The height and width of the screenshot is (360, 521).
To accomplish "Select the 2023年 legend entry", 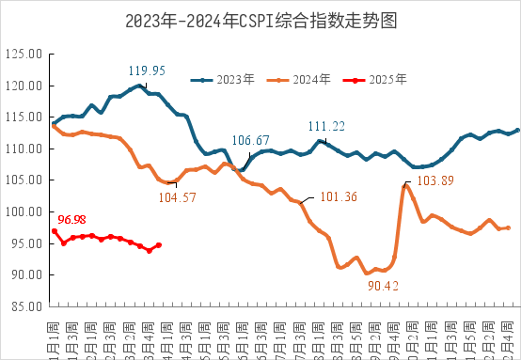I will [224, 81].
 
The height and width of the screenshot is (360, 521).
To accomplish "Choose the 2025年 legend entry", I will [374, 81].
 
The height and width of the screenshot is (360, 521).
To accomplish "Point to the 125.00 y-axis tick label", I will [24, 55].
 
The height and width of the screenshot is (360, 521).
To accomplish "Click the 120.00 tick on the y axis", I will [24, 86].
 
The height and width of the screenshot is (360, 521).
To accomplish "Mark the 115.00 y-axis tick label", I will [24, 117].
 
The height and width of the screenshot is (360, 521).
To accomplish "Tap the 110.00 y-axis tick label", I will [24, 149].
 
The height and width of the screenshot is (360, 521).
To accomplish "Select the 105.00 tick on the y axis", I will [24, 180].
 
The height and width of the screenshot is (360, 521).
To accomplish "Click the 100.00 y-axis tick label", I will [24, 211].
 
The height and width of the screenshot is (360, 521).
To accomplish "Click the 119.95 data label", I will [148, 70].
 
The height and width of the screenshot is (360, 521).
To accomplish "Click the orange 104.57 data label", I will [177, 196].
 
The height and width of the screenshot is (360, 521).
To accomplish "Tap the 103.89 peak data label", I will [434, 180].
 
